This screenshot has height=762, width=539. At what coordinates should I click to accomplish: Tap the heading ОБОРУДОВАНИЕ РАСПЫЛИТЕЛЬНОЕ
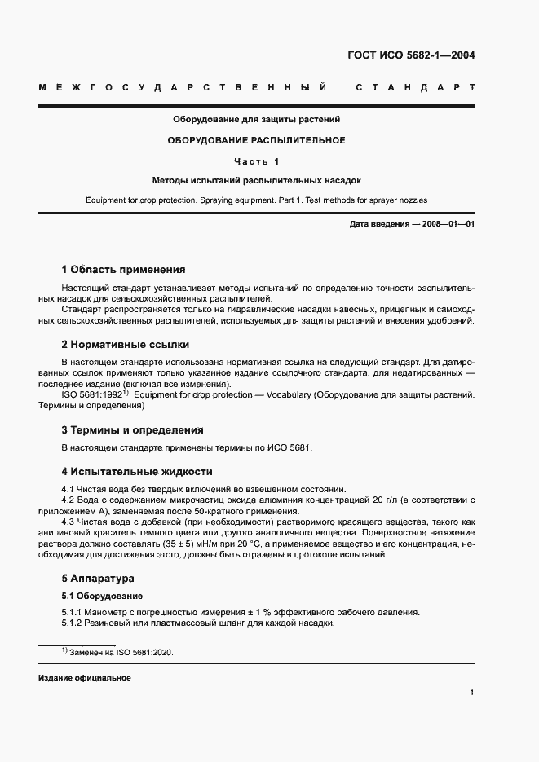tap(256, 140)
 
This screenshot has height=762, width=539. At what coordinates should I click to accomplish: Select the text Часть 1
tap(256, 161)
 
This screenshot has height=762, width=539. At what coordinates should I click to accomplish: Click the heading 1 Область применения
tap(123, 269)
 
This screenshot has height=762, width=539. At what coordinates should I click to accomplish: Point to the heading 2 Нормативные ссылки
tap(125, 344)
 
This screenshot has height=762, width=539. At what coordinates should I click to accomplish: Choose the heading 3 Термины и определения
tap(132, 429)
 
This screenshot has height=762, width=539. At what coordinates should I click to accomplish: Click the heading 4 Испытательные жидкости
tap(137, 471)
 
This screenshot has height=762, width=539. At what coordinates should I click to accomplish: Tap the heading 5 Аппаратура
tap(98, 578)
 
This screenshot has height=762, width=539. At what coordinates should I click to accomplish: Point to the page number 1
tap(472, 692)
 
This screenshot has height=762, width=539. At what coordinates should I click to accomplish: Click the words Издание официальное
tap(85, 678)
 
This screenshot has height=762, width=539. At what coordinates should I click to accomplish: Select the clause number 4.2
tap(69, 500)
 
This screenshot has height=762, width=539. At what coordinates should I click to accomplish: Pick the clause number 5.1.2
tap(74, 623)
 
